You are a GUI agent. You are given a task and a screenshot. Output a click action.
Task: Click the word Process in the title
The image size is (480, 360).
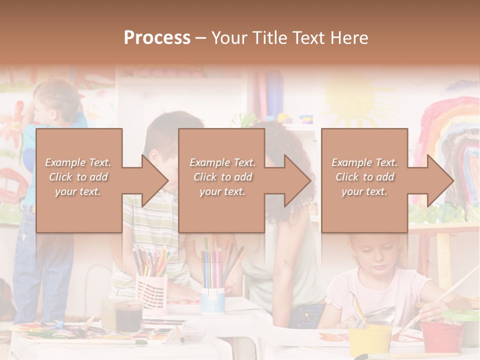pos(157,38)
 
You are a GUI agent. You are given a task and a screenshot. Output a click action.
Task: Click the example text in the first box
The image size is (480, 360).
pos(78,177)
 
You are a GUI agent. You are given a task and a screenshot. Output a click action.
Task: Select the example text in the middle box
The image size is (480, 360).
pos(222,177)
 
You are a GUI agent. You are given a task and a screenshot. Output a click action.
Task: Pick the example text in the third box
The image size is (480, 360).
pos(364,177)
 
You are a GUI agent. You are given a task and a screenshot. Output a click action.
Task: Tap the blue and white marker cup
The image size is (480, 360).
pos(213,300)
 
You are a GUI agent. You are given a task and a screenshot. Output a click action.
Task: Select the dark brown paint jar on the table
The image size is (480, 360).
pos(128,316)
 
